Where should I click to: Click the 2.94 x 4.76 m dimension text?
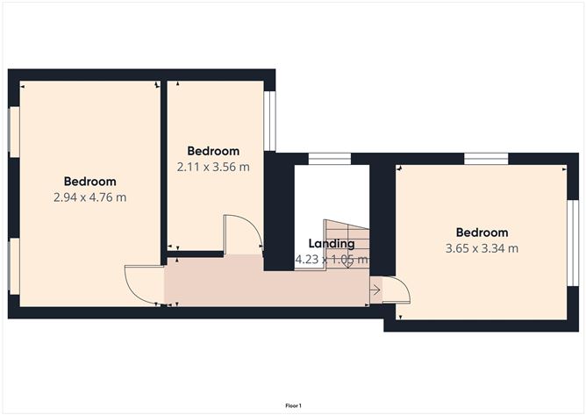[x=89, y=197]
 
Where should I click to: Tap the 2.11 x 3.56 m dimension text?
[x=213, y=167]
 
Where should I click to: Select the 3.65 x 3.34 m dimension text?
[x=482, y=248]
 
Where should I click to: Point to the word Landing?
[x=332, y=244]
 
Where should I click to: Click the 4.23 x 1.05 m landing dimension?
[x=332, y=259]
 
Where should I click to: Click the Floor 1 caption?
[x=293, y=405]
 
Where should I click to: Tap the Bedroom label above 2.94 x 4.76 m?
[x=89, y=182]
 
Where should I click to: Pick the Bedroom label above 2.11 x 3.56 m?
[x=213, y=151]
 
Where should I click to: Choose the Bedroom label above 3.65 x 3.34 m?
[x=482, y=233]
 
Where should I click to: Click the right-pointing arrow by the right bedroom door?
[x=375, y=290]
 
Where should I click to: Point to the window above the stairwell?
[x=330, y=159]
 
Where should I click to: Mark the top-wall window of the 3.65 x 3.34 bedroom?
[x=486, y=159]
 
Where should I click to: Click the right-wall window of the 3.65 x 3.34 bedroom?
[x=573, y=243]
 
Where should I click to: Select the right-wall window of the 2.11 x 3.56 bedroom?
[x=270, y=121]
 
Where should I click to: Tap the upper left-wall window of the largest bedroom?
[x=14, y=132]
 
